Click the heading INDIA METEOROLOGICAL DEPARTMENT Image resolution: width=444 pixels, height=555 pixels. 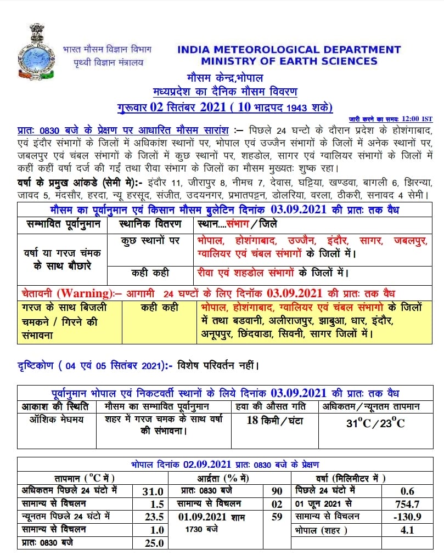pyautogui.click(x=289, y=49)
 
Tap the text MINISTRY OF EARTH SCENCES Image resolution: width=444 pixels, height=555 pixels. pyautogui.click(x=289, y=61)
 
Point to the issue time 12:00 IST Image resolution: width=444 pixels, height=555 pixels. pyautogui.click(x=417, y=118)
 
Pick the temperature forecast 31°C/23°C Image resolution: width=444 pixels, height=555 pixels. pyautogui.click(x=376, y=423)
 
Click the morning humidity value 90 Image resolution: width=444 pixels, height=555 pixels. pyautogui.click(x=277, y=491)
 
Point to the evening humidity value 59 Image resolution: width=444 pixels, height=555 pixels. pyautogui.click(x=277, y=517)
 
